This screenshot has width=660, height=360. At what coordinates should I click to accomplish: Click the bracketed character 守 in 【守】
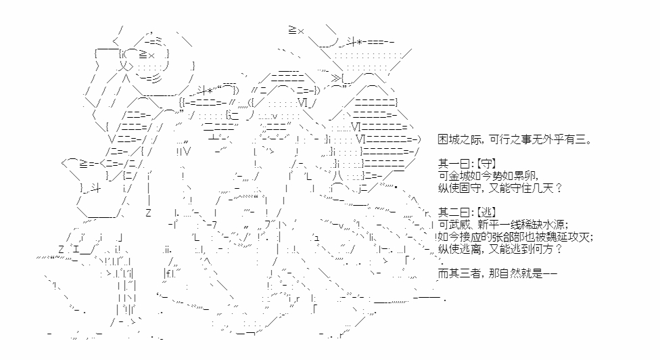coord(488,164)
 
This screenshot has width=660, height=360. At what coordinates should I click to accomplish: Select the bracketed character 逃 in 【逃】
coord(488,212)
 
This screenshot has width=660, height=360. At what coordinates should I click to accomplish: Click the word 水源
coord(553,225)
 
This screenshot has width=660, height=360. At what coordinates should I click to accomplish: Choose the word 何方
coord(542,249)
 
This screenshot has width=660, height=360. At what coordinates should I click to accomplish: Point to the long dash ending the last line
coord(550,273)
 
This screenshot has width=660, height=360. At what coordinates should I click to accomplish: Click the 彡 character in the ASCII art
coord(156,78)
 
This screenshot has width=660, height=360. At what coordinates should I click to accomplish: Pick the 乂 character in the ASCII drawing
coord(122,66)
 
